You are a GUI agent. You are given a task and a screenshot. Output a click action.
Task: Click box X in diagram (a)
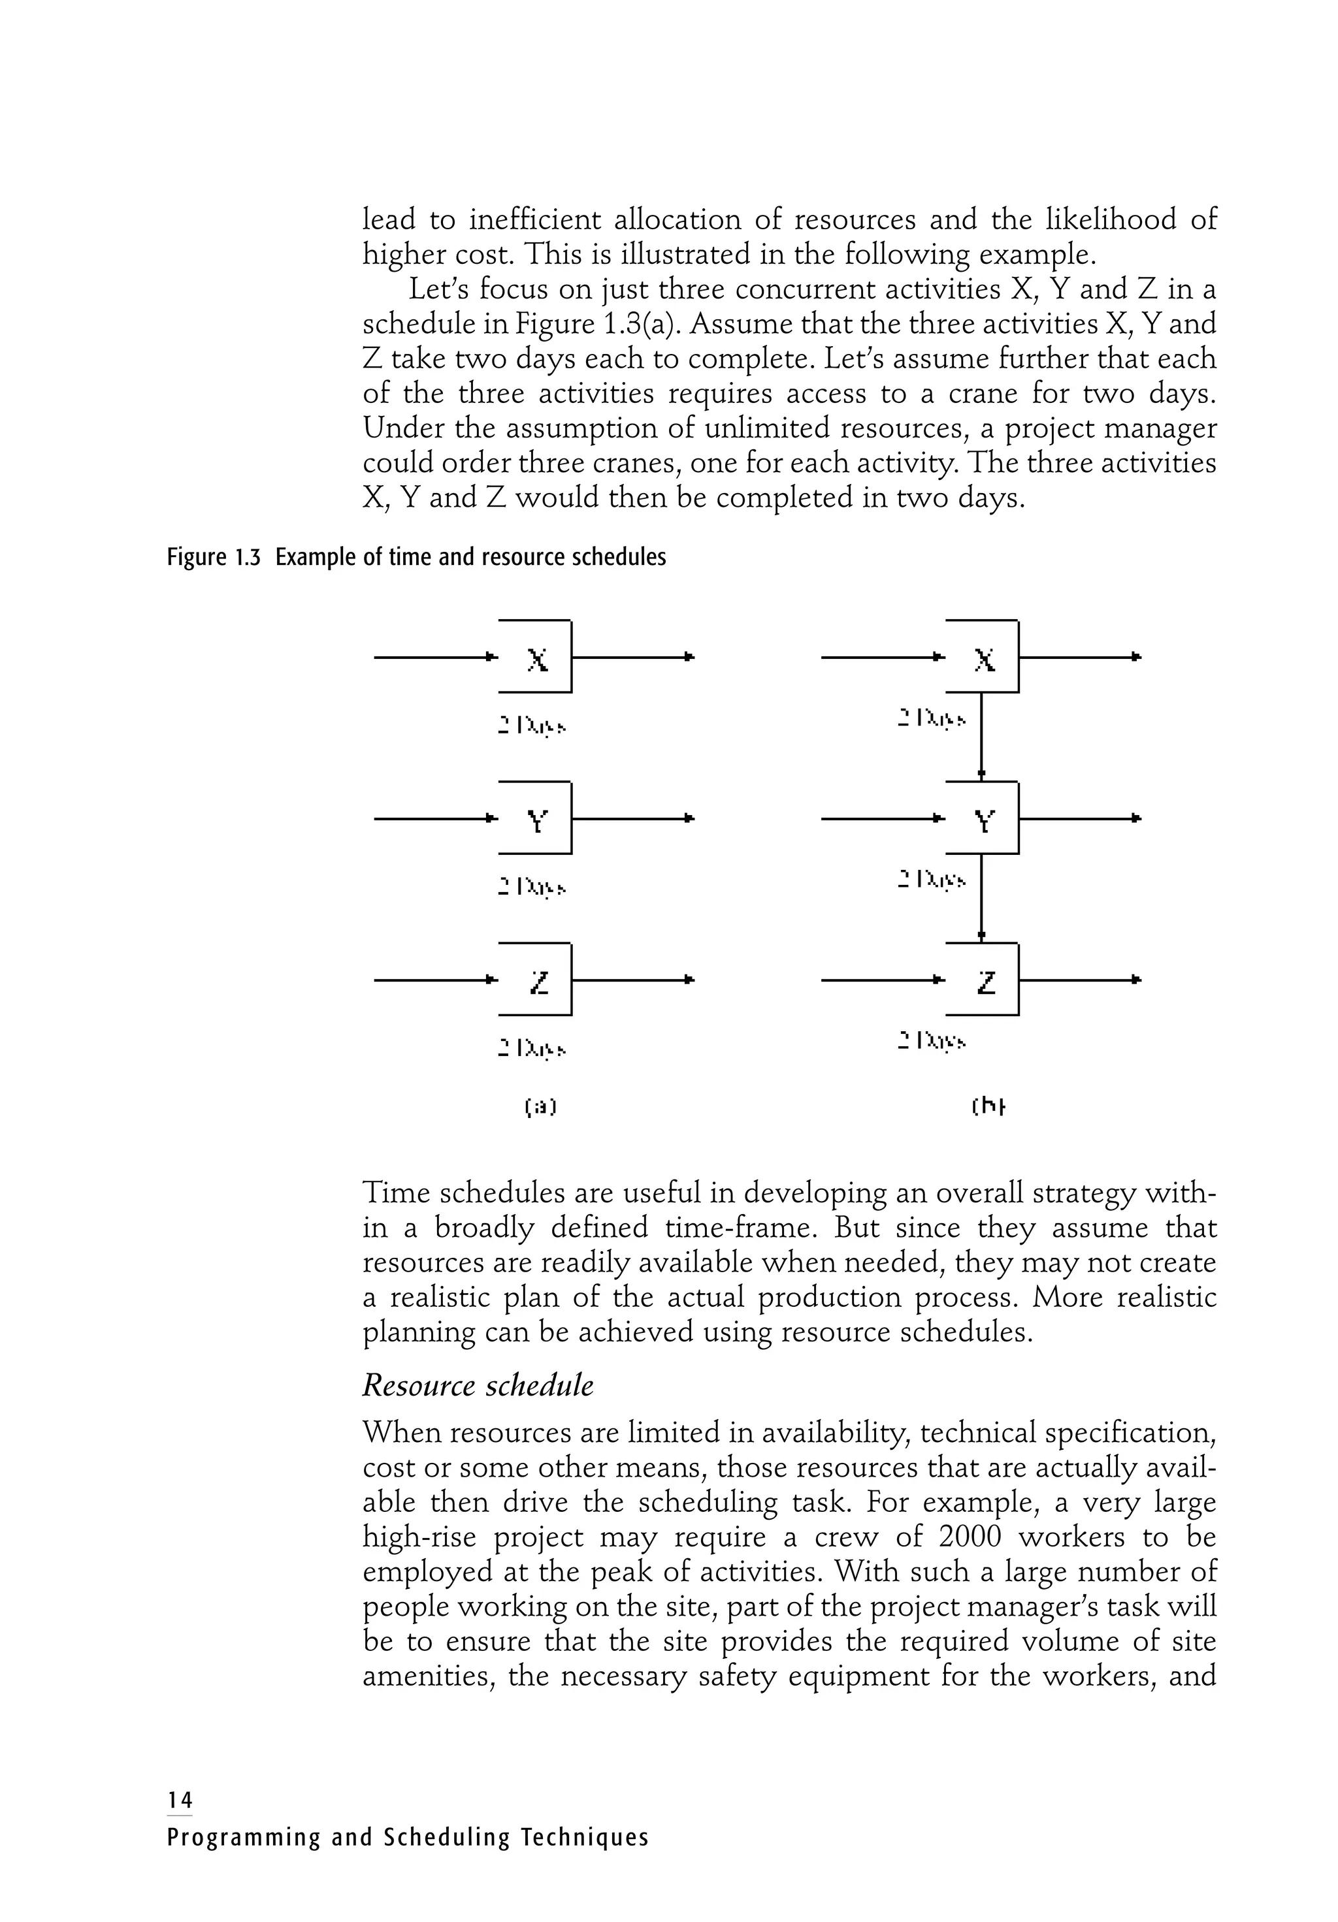536,657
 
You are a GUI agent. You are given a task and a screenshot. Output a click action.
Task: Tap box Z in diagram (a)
536,980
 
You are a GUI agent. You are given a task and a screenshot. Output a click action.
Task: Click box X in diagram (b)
984,657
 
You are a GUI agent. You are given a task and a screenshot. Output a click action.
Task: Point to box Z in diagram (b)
984,980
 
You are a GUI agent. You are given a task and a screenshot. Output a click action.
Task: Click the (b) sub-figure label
988,1108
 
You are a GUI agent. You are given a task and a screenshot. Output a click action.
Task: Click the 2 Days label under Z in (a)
532,1048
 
